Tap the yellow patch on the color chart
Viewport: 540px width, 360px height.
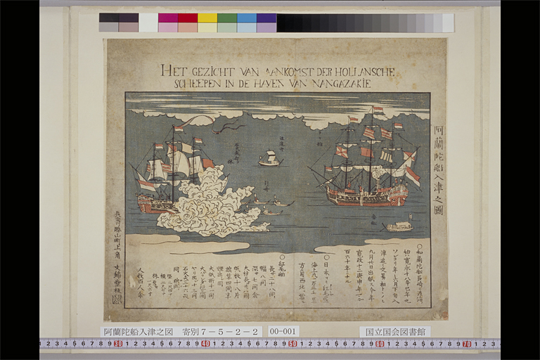point(207,18)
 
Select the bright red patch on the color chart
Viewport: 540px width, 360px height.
point(188,18)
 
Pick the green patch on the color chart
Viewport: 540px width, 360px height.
point(227,18)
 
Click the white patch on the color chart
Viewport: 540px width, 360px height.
point(148,22)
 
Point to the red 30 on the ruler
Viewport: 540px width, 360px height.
point(117,344)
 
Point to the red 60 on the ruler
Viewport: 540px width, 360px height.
point(380,344)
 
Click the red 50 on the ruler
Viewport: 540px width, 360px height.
point(292,344)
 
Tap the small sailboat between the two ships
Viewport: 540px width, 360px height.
point(269,160)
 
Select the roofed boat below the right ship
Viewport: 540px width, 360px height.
point(399,226)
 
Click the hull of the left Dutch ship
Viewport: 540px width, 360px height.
point(156,204)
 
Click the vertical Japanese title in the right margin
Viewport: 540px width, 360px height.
point(438,151)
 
